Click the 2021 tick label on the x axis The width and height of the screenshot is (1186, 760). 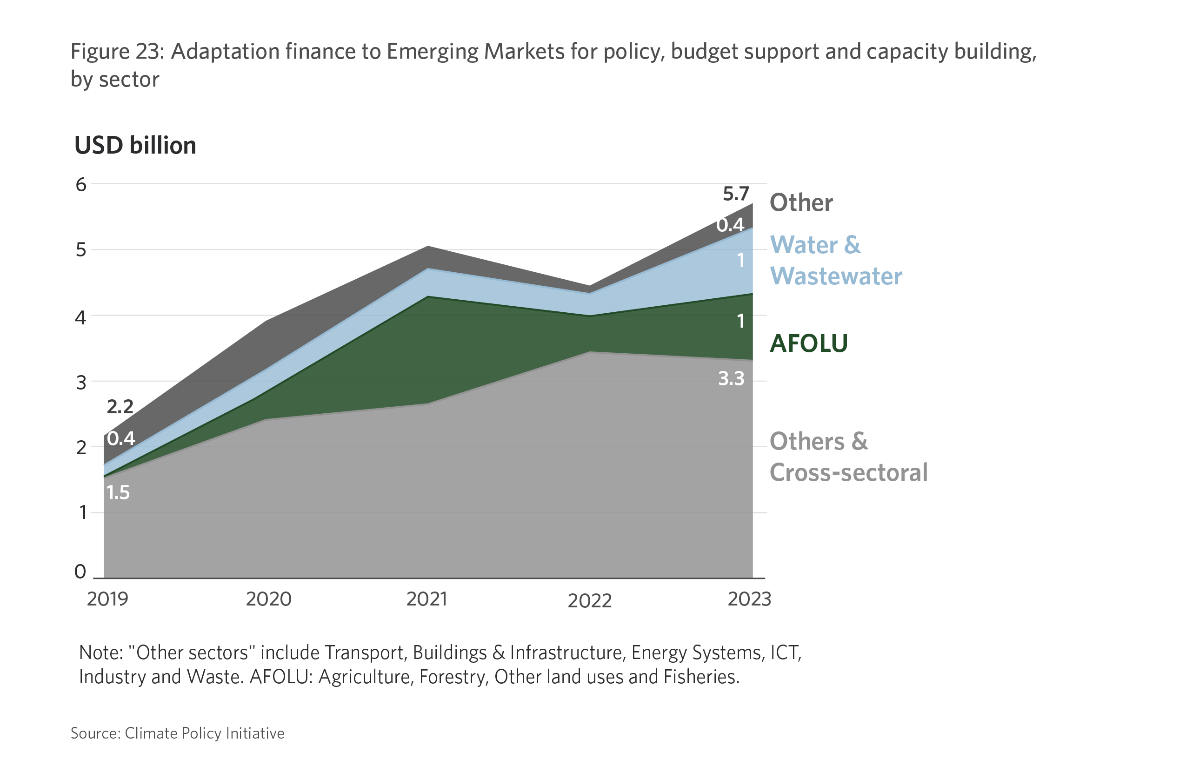[x=426, y=599]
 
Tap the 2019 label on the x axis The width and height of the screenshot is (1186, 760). [x=107, y=599]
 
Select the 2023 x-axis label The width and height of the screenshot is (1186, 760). [x=749, y=599]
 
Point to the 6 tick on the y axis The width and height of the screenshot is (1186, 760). [x=81, y=185]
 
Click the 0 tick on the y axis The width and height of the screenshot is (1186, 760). [x=80, y=572]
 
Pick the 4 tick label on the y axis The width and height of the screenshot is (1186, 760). [x=80, y=317]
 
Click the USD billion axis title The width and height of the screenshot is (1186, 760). [x=135, y=146]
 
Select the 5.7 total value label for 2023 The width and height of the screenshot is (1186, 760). [x=736, y=194]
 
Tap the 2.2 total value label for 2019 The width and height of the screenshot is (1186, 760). [x=120, y=407]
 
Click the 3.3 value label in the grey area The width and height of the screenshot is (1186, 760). [x=731, y=378]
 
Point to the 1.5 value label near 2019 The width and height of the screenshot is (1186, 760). [x=118, y=492]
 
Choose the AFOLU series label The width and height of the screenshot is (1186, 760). [x=809, y=343]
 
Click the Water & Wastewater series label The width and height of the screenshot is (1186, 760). [x=836, y=260]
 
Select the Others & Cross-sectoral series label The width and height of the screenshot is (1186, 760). [x=848, y=457]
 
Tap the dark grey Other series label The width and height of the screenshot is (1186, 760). [x=801, y=203]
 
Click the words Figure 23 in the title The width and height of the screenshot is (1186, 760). [x=117, y=51]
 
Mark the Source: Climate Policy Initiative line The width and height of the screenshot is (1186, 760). [x=178, y=733]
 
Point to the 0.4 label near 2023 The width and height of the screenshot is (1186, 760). [x=730, y=225]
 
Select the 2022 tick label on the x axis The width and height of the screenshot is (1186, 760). [x=589, y=600]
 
